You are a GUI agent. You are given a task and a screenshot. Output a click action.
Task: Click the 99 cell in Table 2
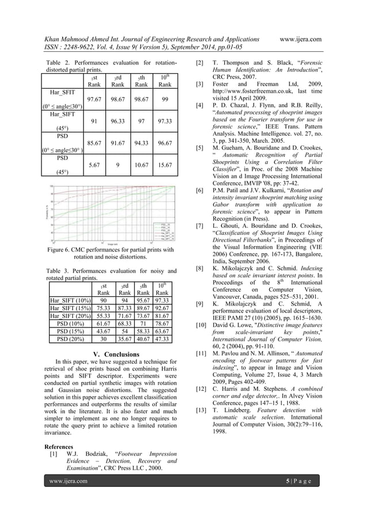(165, 100)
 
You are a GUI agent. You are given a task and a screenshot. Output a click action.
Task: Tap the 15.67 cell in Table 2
(165, 165)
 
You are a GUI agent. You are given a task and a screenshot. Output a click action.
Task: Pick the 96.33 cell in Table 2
(119, 121)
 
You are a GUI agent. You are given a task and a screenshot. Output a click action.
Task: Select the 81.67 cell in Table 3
(165, 316)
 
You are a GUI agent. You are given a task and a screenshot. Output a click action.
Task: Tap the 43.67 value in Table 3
(104, 331)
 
